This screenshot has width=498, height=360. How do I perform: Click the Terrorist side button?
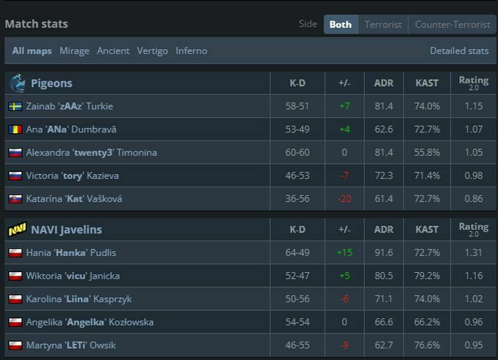point(383,24)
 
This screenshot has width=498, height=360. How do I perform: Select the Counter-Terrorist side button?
point(452,24)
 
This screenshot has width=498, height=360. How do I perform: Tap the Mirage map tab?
point(74,51)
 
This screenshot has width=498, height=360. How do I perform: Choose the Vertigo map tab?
point(152,51)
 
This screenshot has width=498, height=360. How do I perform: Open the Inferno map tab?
point(191,51)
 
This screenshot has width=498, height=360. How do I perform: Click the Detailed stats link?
point(459,51)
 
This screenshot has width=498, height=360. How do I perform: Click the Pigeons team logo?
point(18,83)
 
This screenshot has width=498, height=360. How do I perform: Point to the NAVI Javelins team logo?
point(18,230)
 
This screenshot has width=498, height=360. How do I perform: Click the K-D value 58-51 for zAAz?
point(297,106)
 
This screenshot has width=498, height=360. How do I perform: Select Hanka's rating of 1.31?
point(473,252)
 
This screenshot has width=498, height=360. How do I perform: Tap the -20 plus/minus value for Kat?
point(344,199)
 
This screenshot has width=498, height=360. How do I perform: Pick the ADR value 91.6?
point(384,252)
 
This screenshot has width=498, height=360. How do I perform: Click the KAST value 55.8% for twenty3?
point(427,153)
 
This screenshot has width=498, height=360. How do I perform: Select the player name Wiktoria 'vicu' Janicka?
point(73,276)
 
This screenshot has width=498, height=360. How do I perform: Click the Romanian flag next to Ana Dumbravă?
point(15,130)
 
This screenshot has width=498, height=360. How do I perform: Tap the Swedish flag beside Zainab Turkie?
point(15,106)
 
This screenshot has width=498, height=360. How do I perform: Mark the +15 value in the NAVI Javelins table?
point(344,252)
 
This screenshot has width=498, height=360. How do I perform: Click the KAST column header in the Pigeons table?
point(427,83)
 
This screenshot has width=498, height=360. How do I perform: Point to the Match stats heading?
point(37,24)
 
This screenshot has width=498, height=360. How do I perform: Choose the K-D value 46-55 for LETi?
point(297,345)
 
